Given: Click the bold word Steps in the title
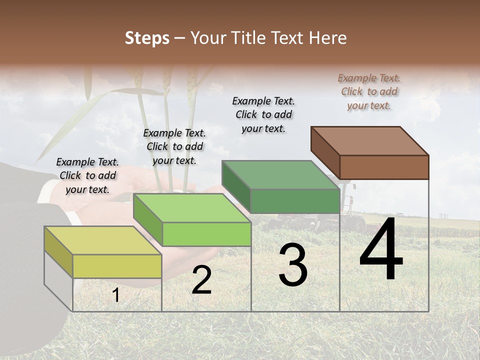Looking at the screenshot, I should pos(147,38).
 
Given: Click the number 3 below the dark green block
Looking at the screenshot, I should pos(293,265).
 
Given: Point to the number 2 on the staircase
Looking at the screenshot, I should pos(201,280).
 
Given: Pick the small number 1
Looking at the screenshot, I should pos(115,295).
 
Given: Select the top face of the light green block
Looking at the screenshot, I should pos(192,208).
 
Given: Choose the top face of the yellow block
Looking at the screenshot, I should pos(103,240).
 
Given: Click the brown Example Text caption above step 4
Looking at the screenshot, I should pos(369,92).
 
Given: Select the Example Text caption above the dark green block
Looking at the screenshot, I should pos(263,114).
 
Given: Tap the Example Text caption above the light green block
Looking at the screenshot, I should pos(174,147).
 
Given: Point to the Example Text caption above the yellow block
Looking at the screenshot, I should pos(87,176).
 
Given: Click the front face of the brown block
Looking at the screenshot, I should pos(384,167).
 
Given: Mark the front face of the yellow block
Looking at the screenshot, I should pos(117,266).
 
